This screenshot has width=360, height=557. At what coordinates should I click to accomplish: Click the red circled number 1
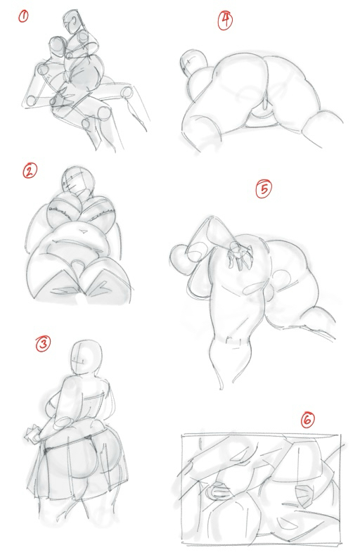point(23,16)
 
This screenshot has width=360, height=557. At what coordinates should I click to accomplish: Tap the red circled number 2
point(30,171)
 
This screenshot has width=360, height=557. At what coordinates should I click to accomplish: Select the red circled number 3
point(43,344)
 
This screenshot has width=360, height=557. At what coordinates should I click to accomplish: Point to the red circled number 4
point(225,20)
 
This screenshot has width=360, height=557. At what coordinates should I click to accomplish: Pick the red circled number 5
point(264,189)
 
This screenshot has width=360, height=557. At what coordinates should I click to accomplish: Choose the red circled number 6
point(307,420)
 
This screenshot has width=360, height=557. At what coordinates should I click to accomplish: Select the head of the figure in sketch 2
point(78,181)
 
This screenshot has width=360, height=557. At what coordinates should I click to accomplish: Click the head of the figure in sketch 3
point(86,357)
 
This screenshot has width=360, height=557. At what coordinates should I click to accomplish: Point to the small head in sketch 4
point(193,62)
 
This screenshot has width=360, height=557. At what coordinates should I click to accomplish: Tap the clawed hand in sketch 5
point(240,255)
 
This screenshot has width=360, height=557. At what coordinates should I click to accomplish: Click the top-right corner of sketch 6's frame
point(340,434)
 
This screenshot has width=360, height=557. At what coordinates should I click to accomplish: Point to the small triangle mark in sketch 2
point(84,231)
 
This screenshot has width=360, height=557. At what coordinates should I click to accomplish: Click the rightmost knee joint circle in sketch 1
point(127,92)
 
